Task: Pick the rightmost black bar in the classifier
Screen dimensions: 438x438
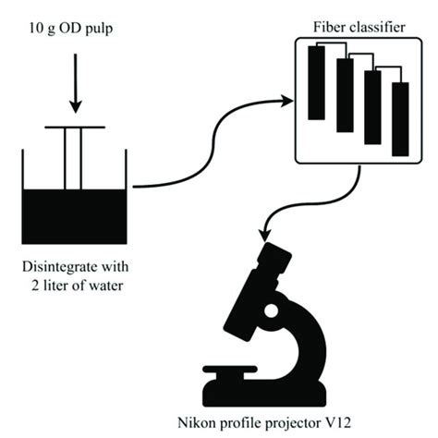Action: click(x=400, y=118)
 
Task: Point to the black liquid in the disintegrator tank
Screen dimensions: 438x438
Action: click(x=74, y=213)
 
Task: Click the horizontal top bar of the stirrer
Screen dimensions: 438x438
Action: click(x=75, y=128)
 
